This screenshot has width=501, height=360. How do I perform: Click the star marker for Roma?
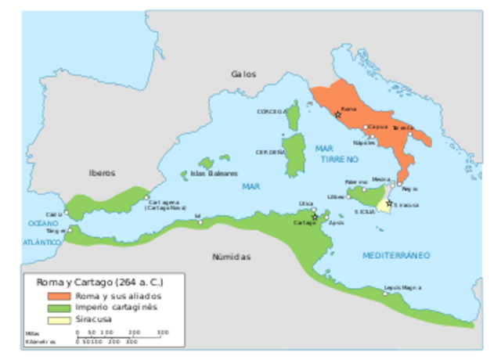click(x=337, y=114)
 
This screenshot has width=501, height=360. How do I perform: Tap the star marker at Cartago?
click(x=315, y=217)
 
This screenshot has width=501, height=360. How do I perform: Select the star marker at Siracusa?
click(x=389, y=203)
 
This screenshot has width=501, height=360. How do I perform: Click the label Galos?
click(x=243, y=74)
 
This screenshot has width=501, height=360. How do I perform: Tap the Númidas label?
click(x=231, y=257)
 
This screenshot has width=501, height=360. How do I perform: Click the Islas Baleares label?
click(x=214, y=174)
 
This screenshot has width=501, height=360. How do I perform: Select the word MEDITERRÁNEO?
click(x=397, y=255)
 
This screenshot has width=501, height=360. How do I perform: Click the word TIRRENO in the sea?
click(x=338, y=158)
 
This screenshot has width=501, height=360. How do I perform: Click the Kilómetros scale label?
click(x=42, y=341)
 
